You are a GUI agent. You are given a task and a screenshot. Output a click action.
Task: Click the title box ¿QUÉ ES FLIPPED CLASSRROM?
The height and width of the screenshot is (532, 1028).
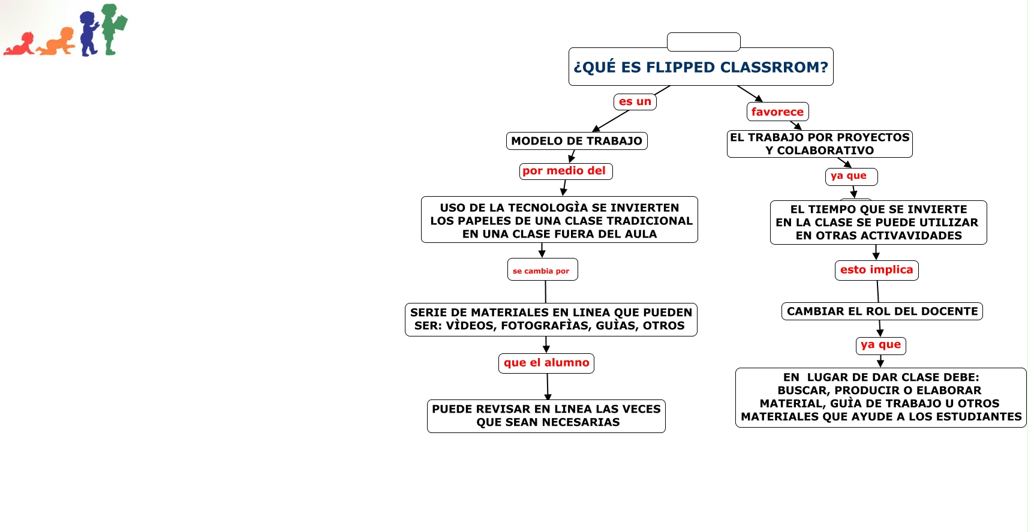point(701,67)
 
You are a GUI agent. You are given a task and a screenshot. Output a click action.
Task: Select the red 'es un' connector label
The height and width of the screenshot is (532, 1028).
point(635,102)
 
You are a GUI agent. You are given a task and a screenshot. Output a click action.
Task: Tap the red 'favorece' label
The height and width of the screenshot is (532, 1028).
point(777,112)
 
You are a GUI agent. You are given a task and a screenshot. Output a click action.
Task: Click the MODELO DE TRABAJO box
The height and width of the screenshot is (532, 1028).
point(576,141)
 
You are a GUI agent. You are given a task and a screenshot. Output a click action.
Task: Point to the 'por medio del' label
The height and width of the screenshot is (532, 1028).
point(565,171)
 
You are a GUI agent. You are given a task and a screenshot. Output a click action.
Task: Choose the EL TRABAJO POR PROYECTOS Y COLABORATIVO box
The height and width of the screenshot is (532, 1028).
point(819,144)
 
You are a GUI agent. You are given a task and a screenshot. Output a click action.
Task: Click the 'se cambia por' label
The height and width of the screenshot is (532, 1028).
point(542,270)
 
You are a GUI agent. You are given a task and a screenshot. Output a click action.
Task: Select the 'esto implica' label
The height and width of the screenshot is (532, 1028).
point(876,270)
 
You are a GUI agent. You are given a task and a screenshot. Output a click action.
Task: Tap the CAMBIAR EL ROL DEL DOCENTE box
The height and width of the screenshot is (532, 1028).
point(882,311)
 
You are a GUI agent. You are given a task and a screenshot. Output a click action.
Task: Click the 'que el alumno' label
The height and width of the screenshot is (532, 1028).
point(546,363)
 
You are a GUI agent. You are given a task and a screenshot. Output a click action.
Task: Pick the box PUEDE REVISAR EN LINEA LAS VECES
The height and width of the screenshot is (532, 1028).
point(546,416)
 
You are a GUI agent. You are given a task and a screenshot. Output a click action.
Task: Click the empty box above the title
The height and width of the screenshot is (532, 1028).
point(704,41)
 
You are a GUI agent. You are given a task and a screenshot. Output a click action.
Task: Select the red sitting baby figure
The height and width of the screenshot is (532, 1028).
point(20,46)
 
